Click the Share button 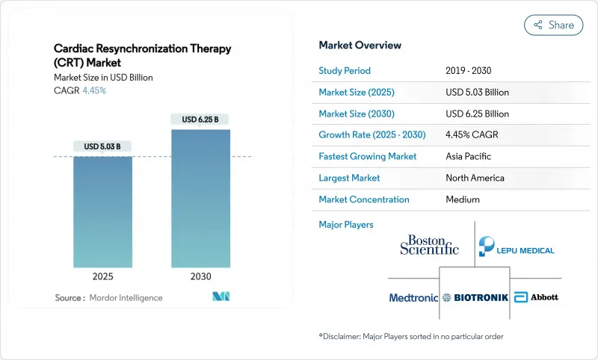click(x=554, y=25)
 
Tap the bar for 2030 click(x=200, y=198)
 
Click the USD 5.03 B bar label click(x=102, y=146)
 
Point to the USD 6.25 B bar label click(x=200, y=119)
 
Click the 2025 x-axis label click(x=102, y=276)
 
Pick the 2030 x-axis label click(x=200, y=276)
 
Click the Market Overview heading click(x=360, y=45)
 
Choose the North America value click(x=475, y=178)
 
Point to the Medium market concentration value click(x=463, y=199)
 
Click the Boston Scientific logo click(x=429, y=245)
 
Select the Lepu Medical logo click(x=517, y=246)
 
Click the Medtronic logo click(x=413, y=297)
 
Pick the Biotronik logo click(x=475, y=297)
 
